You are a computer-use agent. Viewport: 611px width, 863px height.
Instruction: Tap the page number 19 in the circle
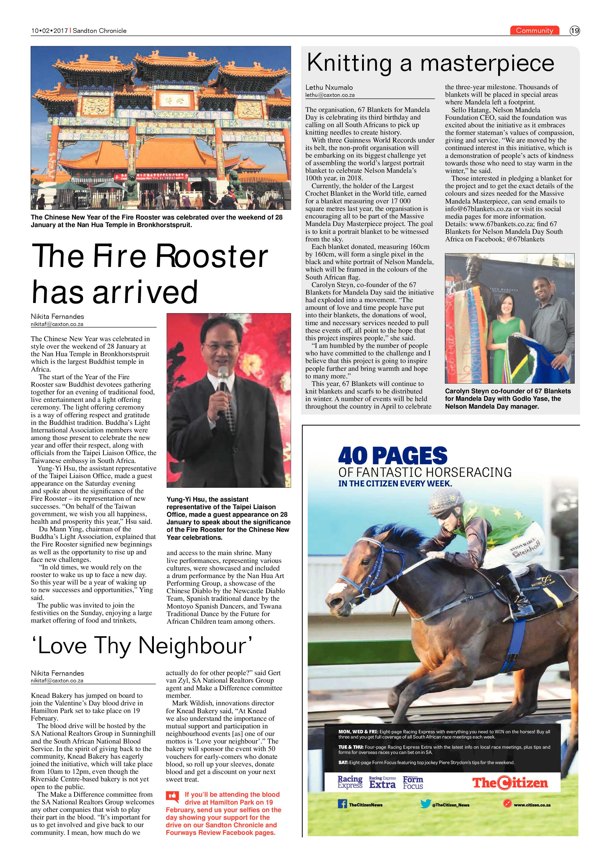click(x=574, y=31)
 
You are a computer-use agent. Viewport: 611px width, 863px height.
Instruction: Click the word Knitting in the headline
click(x=349, y=63)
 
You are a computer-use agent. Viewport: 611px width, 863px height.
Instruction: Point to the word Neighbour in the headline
click(x=192, y=646)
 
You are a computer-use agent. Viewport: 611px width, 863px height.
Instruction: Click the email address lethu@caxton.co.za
click(x=330, y=95)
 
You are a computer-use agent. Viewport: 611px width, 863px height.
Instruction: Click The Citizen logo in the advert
click(x=510, y=783)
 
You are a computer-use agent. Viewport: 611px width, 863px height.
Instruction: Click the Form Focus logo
click(x=413, y=783)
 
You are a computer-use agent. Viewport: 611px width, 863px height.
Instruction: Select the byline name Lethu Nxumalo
click(x=329, y=87)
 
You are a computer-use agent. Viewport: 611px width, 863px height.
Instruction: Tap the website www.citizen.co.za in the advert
click(x=532, y=805)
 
